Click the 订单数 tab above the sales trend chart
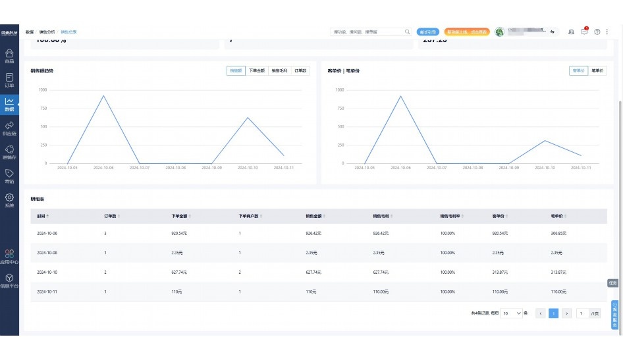tap(300, 70)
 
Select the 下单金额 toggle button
tap(257, 70)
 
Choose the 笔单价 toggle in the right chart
tap(598, 70)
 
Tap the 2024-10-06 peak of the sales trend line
tap(103, 96)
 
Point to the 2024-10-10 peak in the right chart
tap(544, 140)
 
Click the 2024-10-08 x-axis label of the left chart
tap(176, 168)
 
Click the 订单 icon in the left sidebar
tap(9, 80)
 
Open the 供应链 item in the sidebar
tap(9, 128)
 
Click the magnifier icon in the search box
tap(407, 32)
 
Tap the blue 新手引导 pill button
tap(428, 32)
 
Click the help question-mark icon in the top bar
tap(597, 32)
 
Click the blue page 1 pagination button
tap(554, 313)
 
